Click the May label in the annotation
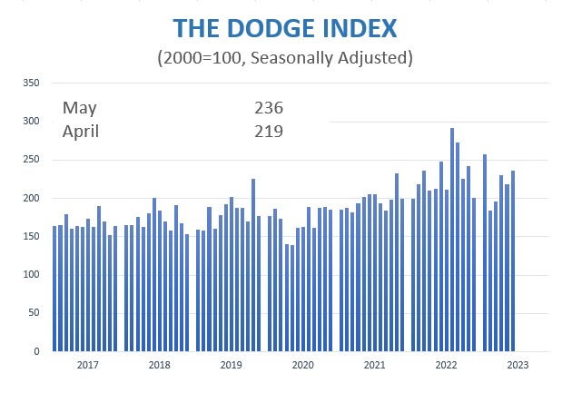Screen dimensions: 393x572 click(79, 108)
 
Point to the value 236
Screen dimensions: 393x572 click(270, 108)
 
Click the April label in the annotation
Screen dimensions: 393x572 click(81, 131)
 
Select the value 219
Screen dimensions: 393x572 click(270, 131)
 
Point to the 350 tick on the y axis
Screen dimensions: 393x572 click(33, 83)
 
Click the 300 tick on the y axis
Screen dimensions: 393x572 click(33, 121)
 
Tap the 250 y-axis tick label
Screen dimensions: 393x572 click(33, 160)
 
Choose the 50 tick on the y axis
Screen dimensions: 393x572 click(35, 313)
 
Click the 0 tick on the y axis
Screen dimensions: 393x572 click(38, 351)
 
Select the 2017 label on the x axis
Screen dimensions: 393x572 click(88, 365)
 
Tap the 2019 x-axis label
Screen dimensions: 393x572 click(232, 365)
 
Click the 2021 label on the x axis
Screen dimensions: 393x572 click(374, 365)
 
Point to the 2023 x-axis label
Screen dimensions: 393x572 click(517, 365)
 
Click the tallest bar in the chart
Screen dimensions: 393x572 click(452, 240)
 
